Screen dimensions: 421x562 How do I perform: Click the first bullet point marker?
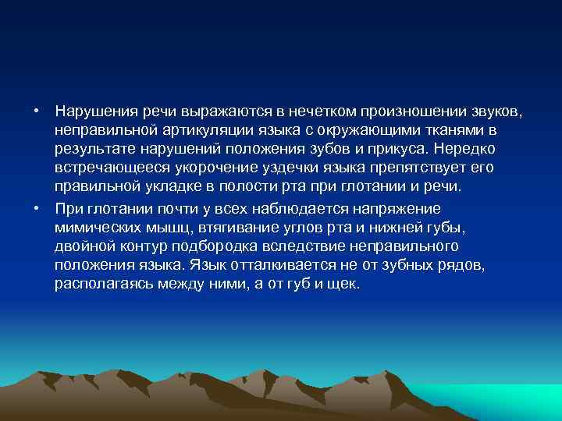[x=37, y=110]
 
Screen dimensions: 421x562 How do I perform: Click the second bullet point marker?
[x=37, y=208]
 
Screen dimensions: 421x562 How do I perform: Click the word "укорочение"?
[x=194, y=168]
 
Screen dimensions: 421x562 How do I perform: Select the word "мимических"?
[x=94, y=227]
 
